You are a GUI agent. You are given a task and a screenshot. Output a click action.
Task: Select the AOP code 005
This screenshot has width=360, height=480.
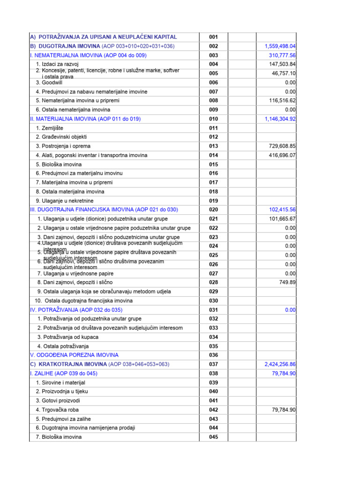pyautogui.click(x=213, y=74)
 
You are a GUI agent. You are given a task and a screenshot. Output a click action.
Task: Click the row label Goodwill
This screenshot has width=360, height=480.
pyautogui.click(x=52, y=82)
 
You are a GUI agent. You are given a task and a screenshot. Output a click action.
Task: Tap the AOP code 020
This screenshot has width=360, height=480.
pyautogui.click(x=213, y=210)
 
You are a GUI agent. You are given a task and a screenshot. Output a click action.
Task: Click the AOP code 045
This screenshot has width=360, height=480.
pyautogui.click(x=213, y=437)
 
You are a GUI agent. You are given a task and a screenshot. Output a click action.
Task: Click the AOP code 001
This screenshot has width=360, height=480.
pyautogui.click(x=213, y=37)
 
